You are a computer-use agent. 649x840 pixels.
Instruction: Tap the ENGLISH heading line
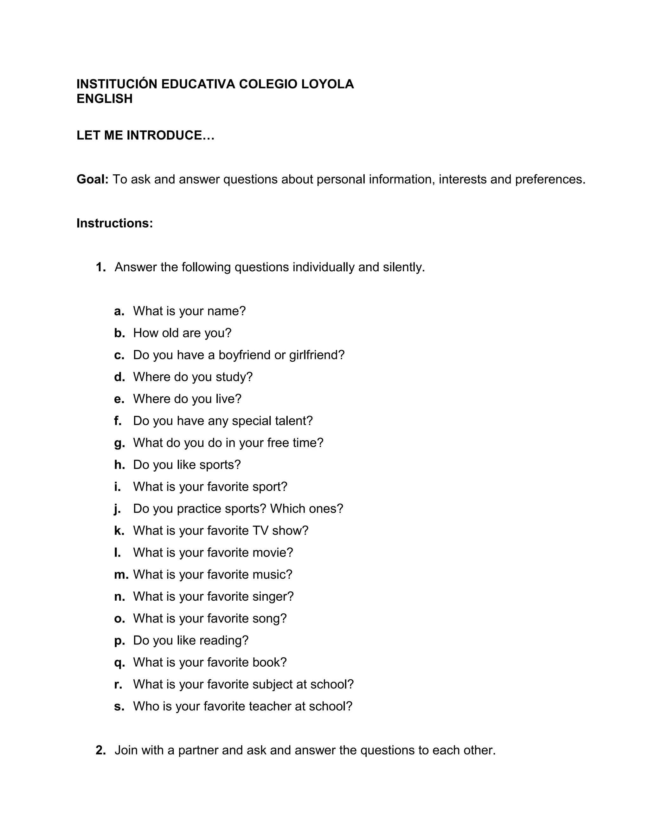click(x=105, y=99)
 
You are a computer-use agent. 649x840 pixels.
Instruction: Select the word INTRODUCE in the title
click(x=164, y=135)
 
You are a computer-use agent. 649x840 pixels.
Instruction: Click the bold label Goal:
click(x=93, y=179)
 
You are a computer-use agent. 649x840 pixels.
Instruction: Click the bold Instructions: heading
click(x=115, y=223)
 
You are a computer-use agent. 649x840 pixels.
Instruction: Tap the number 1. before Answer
click(x=101, y=267)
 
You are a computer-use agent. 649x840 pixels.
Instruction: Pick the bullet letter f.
click(x=118, y=420)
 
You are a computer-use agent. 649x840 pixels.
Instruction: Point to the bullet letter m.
click(x=121, y=574)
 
